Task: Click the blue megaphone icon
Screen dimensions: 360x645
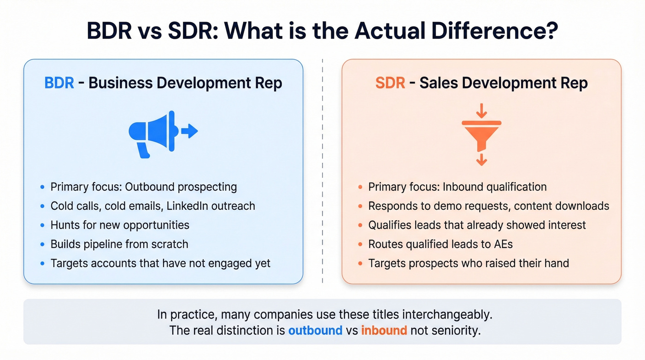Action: point(152,132)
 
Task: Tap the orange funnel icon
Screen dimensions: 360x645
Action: point(481,134)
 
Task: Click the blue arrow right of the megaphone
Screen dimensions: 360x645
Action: point(189,131)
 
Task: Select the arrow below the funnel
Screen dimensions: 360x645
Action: point(481,159)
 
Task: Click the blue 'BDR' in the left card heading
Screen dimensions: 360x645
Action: point(59,83)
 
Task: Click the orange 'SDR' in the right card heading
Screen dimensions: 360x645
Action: point(390,83)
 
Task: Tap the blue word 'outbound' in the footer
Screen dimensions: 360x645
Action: point(315,330)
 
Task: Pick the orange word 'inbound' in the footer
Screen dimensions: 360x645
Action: point(384,330)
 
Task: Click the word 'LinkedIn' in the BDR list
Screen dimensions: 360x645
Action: point(187,206)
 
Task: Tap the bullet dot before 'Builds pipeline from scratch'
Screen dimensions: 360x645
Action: point(42,245)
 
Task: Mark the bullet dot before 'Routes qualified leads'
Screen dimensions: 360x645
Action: point(360,245)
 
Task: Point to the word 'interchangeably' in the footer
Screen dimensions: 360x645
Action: point(447,315)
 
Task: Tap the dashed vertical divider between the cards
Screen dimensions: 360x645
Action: point(322,171)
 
